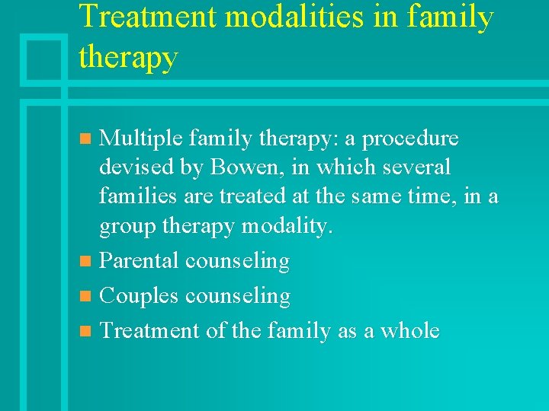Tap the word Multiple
point(141,139)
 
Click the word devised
point(128,167)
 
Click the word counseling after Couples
point(237,296)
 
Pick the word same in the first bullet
point(377,196)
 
